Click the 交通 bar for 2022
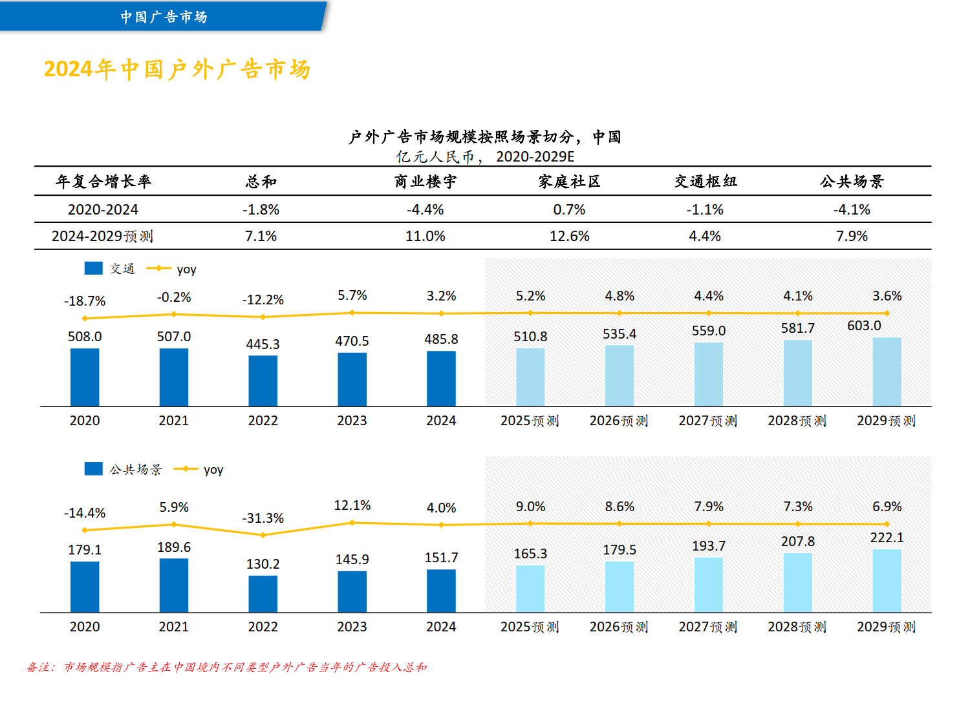pyautogui.click(x=263, y=381)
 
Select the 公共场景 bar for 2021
pyautogui.click(x=174, y=585)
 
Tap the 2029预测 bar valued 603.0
pyautogui.click(x=887, y=372)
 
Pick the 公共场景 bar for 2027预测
pyautogui.click(x=708, y=585)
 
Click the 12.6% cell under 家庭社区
pyautogui.click(x=569, y=237)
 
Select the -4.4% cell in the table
pyautogui.click(x=425, y=210)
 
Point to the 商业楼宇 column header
pyautogui.click(x=425, y=182)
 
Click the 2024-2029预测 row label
pyautogui.click(x=102, y=237)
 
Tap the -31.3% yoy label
pyautogui.click(x=263, y=518)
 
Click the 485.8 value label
pyautogui.click(x=441, y=339)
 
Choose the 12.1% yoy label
pyautogui.click(x=352, y=505)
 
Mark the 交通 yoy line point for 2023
pyautogui.click(x=352, y=313)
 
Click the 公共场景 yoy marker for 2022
pyautogui.click(x=263, y=535)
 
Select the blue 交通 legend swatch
pyautogui.click(x=93, y=268)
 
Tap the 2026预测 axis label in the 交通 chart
pyautogui.click(x=618, y=421)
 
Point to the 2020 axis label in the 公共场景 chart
pyautogui.click(x=85, y=627)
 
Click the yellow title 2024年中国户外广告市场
pyautogui.click(x=177, y=69)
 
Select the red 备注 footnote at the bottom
pyautogui.click(x=226, y=667)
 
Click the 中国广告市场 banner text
pyautogui.click(x=164, y=17)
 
